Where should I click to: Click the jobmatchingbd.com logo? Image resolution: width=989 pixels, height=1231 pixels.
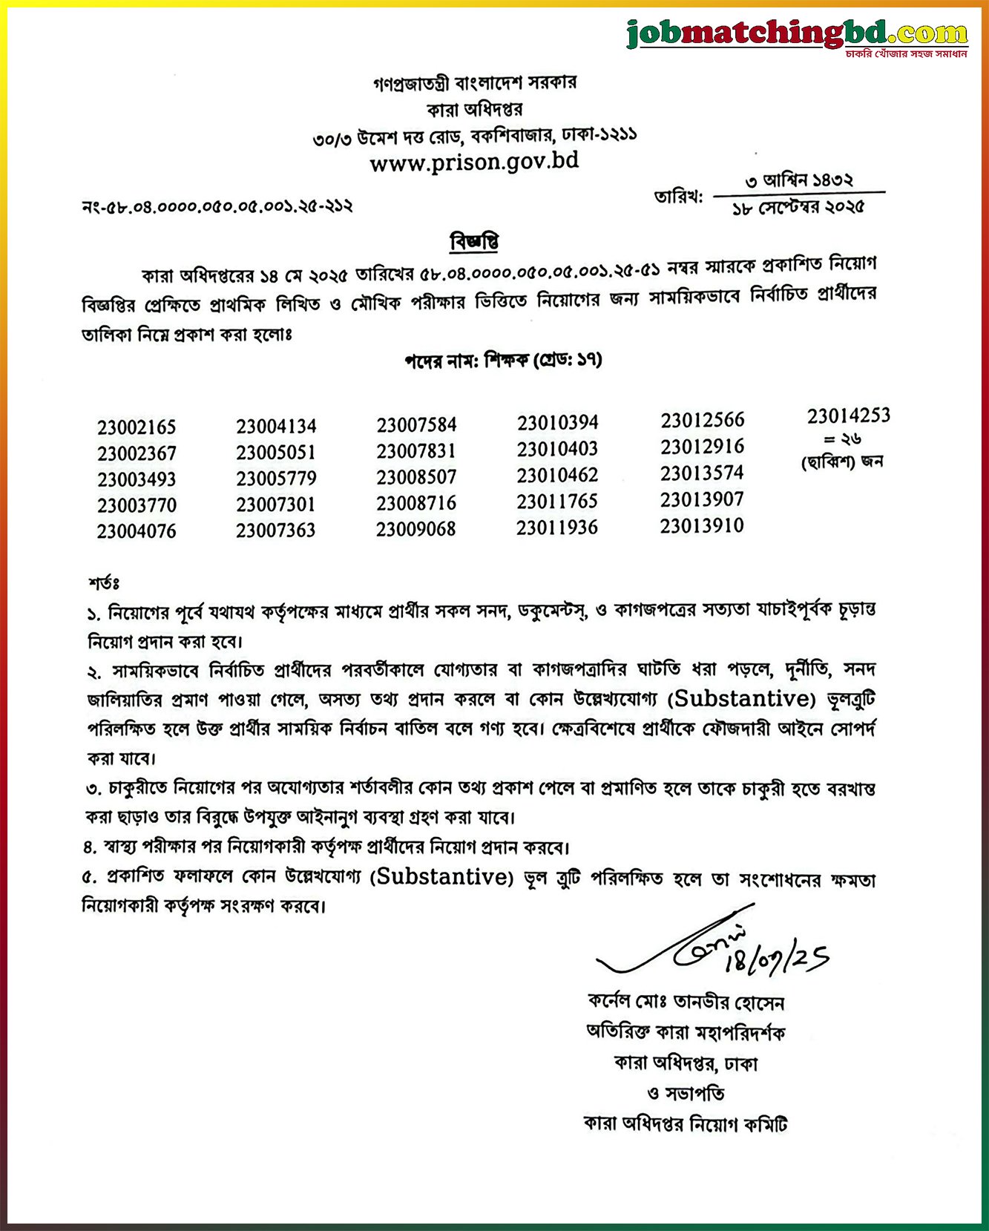pyautogui.click(x=797, y=35)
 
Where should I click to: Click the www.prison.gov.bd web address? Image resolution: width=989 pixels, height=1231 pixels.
pyautogui.click(x=474, y=162)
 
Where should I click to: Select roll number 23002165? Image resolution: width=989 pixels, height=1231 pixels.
pyautogui.click(x=137, y=427)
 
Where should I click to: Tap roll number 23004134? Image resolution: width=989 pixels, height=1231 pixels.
pyautogui.click(x=276, y=427)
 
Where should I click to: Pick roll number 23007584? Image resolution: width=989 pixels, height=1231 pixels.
pyautogui.click(x=416, y=425)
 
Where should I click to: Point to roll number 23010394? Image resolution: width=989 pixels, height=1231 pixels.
pyautogui.click(x=557, y=423)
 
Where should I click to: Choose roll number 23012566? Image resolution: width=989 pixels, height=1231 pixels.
pyautogui.click(x=702, y=420)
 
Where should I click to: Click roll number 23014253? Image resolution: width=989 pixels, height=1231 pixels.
pyautogui.click(x=848, y=416)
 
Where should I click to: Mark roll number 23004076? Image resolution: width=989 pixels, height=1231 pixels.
pyautogui.click(x=137, y=531)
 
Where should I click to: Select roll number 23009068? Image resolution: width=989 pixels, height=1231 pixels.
pyautogui.click(x=415, y=529)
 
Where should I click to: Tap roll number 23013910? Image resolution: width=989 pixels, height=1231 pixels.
pyautogui.click(x=701, y=526)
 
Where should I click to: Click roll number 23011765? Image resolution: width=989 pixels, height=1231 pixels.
pyautogui.click(x=557, y=502)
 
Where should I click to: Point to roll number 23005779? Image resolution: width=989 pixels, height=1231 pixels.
pyautogui.click(x=276, y=479)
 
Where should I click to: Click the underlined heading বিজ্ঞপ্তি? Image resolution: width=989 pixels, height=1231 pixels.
pyautogui.click(x=474, y=243)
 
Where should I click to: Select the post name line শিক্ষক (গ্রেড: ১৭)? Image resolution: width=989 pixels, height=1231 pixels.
pyautogui.click(x=502, y=361)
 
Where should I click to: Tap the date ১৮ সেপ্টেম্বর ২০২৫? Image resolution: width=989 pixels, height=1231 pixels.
pyautogui.click(x=798, y=208)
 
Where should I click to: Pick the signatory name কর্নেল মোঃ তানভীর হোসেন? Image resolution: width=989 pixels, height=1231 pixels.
pyautogui.click(x=686, y=1002)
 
